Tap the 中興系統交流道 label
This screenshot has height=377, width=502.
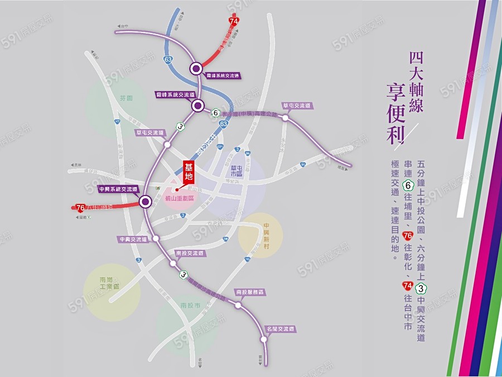pyautogui.click(x=118, y=189)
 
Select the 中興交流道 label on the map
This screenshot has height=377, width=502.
pyautogui.click(x=133, y=239)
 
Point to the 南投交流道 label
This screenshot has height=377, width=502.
pyautogui.click(x=189, y=253)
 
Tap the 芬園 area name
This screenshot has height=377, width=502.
pyautogui.click(x=127, y=98)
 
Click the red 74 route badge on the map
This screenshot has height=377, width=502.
pyautogui.click(x=234, y=21)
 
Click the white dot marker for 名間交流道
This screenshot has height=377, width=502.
pyautogui.click(x=264, y=338)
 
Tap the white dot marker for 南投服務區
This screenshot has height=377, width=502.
pyautogui.click(x=238, y=305)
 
